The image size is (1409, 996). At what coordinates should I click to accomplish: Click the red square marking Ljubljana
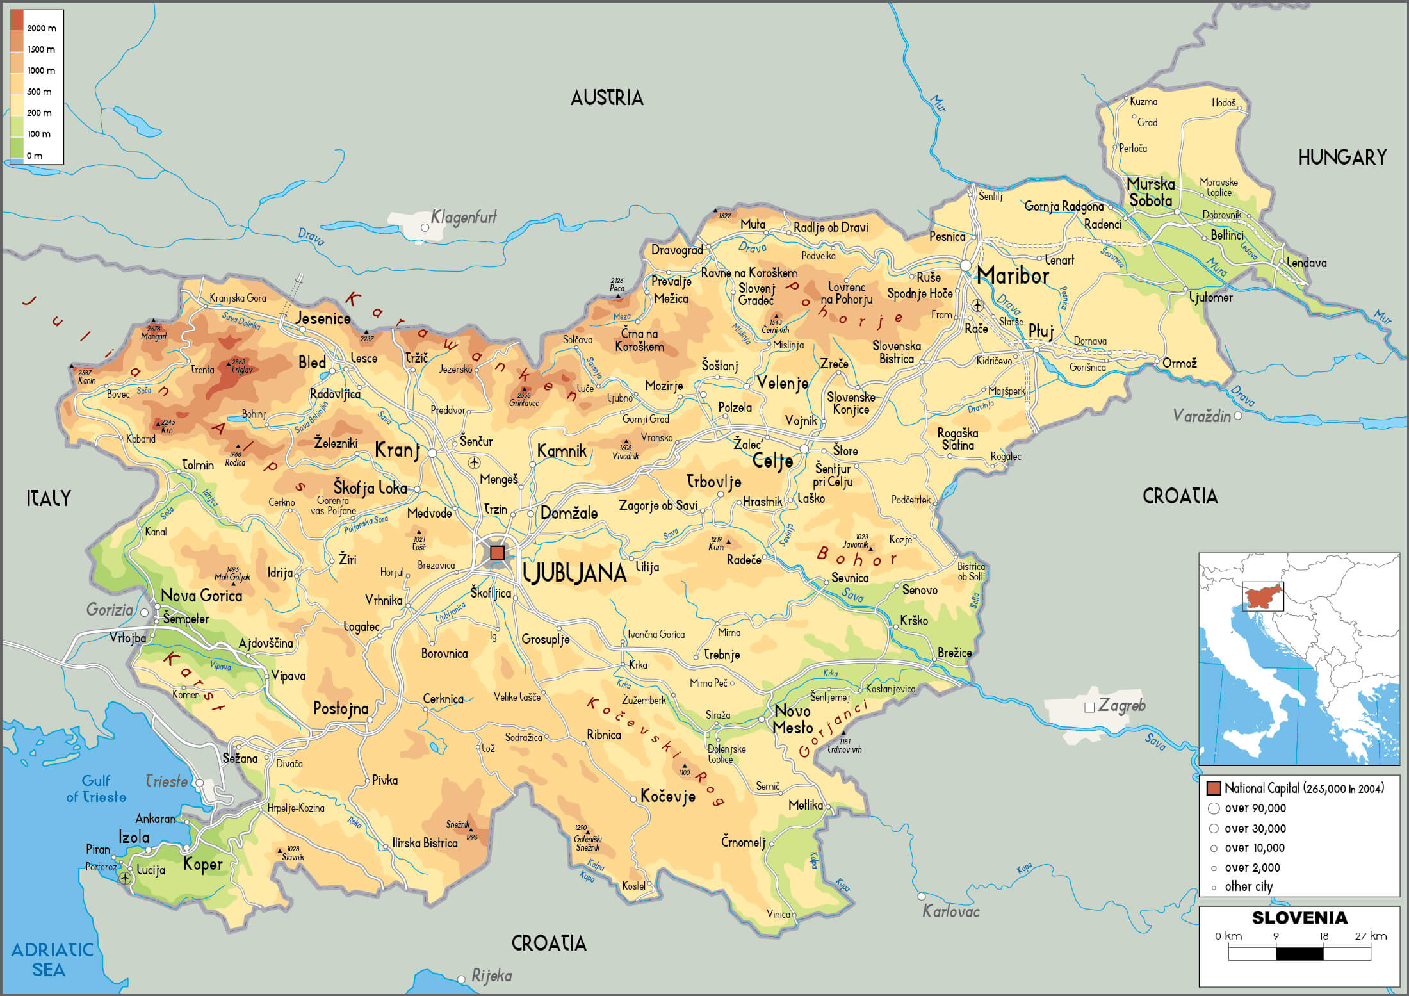[497, 552]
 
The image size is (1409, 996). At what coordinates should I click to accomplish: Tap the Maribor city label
[1013, 275]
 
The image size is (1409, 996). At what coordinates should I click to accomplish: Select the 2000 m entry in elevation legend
[41, 28]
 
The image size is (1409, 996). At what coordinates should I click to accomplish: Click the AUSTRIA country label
[607, 98]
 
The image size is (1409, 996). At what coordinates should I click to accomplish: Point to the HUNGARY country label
[1342, 157]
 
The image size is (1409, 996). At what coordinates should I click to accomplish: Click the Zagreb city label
[1121, 705]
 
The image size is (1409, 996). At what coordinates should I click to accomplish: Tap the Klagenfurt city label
[464, 217]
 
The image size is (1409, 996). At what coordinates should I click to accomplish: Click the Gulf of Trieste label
[96, 788]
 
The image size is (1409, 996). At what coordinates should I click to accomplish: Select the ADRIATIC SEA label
[51, 959]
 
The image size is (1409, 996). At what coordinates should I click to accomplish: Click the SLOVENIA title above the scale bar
[1299, 917]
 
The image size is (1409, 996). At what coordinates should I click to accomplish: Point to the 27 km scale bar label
[1371, 936]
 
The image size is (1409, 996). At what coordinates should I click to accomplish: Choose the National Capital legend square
[1213, 788]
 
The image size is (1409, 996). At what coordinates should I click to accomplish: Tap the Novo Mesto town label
[792, 719]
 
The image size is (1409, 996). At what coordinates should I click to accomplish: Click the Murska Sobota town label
[1151, 192]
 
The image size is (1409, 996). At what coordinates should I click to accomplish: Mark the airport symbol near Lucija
[126, 878]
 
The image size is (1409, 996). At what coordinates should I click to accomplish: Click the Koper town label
[202, 865]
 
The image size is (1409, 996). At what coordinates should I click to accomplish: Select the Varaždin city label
[1201, 416]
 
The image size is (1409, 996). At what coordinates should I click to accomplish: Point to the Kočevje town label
[667, 796]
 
